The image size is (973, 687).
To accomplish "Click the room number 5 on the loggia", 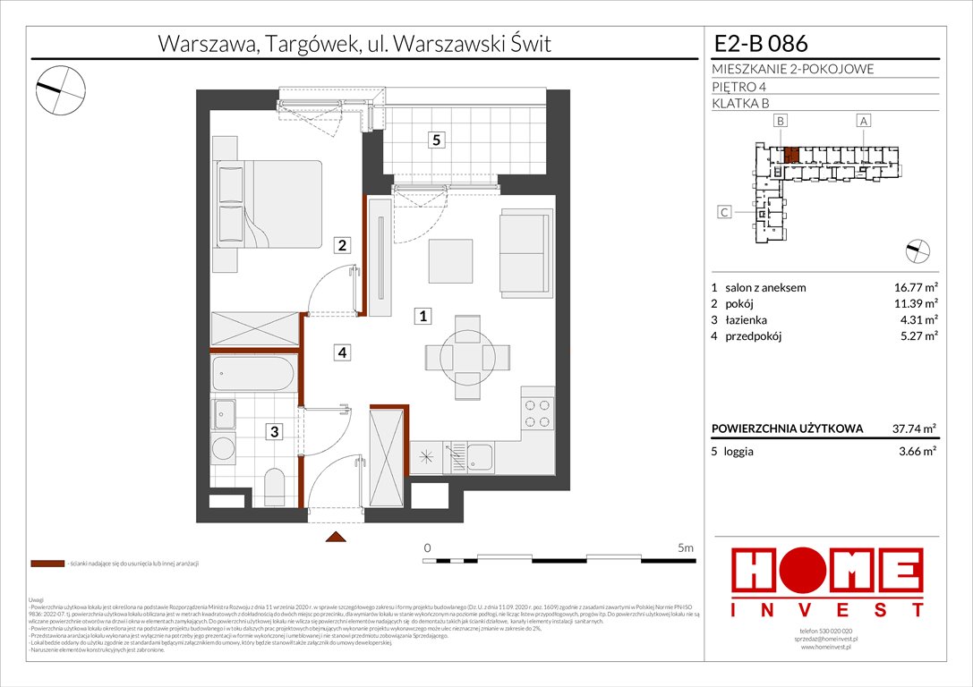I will point(436,140).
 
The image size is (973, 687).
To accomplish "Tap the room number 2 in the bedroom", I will point(342,244).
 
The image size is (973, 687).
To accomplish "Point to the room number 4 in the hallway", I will point(342,352).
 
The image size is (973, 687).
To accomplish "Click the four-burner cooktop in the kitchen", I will point(538,413).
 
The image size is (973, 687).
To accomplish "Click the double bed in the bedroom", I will point(269,203).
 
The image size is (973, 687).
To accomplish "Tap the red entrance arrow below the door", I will point(336,537).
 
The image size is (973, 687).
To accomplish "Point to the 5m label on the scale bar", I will point(686,547).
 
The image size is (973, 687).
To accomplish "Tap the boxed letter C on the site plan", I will point(724,212).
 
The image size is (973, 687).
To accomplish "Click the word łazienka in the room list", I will point(747,320).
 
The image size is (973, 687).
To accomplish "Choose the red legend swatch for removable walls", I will point(47,564).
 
